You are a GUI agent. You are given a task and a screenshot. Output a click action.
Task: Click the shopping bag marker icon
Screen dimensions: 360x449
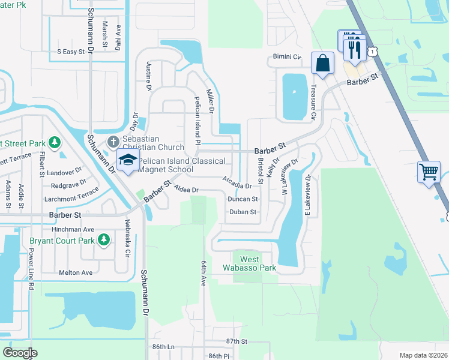point(323,63)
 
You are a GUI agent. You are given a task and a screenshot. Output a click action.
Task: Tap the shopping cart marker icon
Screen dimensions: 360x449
point(429,172)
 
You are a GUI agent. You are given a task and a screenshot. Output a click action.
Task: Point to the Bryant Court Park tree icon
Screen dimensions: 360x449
point(104,240)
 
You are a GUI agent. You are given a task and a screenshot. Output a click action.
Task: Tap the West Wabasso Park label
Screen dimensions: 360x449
point(250,263)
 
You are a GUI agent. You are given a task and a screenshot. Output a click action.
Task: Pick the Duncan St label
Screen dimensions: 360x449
point(243,199)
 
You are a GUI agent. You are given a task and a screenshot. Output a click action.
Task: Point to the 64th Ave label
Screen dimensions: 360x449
point(204,273)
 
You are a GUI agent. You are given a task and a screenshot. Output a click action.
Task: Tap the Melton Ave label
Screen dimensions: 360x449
point(76,272)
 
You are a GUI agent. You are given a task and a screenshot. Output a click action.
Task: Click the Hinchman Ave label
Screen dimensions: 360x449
point(73,229)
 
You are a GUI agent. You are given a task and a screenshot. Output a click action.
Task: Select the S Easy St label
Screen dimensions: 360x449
point(71,52)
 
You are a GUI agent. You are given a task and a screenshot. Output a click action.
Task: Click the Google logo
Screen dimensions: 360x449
point(20,352)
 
